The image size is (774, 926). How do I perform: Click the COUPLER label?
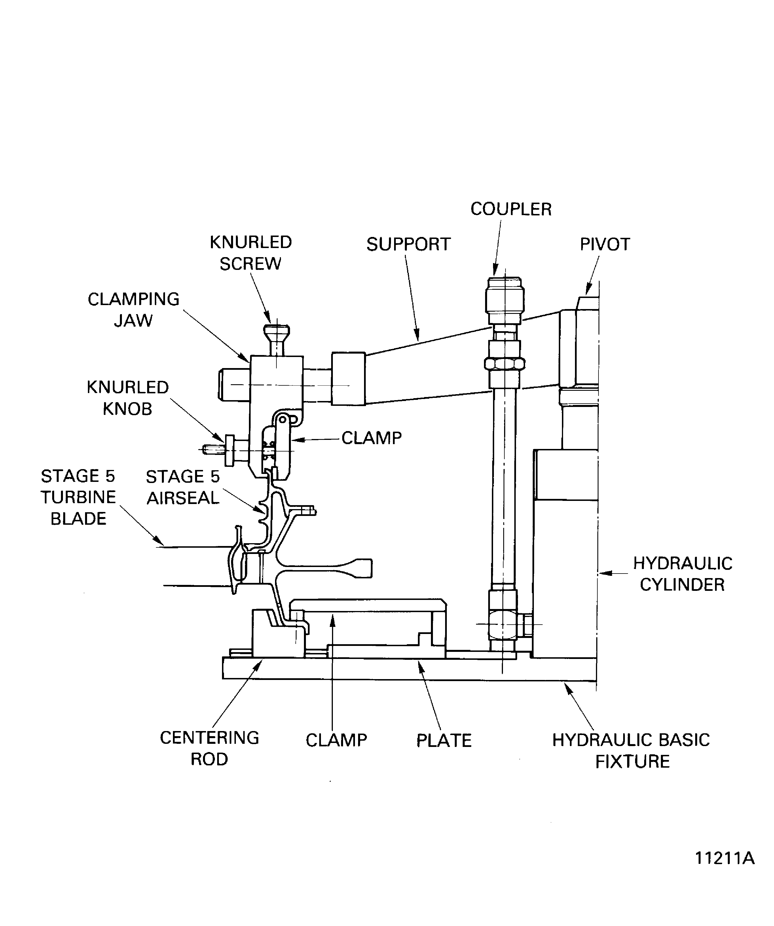(511, 209)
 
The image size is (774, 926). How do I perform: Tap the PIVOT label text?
(604, 244)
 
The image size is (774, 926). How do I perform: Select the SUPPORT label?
(408, 244)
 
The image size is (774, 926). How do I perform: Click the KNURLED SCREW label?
(250, 253)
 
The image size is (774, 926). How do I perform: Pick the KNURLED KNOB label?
(128, 398)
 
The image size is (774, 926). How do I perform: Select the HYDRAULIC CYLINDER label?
(682, 574)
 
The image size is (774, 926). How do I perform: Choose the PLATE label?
(444, 740)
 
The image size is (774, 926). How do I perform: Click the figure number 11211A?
(724, 870)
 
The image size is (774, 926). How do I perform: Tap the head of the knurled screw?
(277, 331)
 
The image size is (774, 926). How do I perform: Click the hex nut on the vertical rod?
(504, 364)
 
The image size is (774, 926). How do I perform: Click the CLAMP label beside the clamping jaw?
(371, 438)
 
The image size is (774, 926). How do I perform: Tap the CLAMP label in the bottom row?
(336, 740)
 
